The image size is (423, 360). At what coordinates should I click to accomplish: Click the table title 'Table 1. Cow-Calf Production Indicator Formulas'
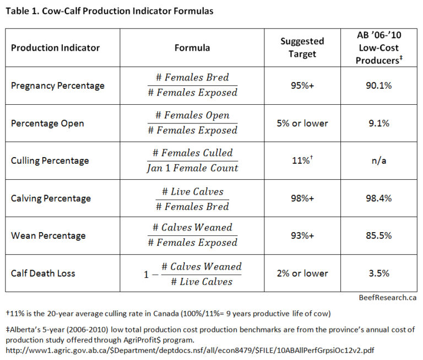point(109,10)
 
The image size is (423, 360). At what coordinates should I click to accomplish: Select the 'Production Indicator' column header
point(55,47)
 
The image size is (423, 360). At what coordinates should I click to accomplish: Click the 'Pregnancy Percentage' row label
point(58,85)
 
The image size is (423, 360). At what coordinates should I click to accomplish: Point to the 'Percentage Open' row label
point(47,123)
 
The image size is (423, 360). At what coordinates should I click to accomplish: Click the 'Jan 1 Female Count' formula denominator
point(192,168)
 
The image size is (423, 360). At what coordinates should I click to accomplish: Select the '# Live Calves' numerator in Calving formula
point(192,191)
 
